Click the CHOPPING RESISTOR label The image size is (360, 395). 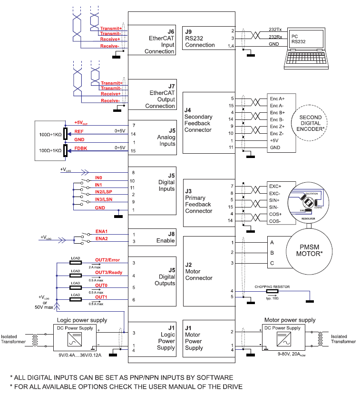coord(272,287)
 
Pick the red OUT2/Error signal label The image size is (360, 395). coord(107,260)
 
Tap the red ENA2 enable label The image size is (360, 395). coord(101,238)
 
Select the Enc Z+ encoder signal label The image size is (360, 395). coord(277,127)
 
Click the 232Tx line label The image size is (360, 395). coord(274,30)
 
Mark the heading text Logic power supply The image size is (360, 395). coord(82,320)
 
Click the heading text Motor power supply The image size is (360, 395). coord(289,320)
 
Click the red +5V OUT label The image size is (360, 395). coord(81,123)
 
